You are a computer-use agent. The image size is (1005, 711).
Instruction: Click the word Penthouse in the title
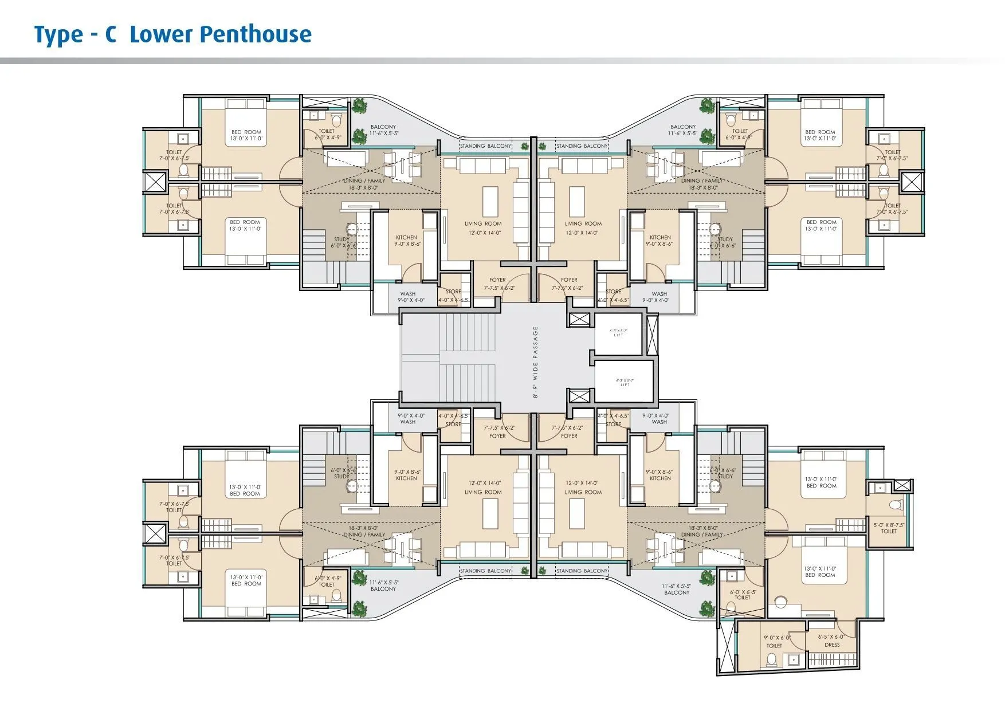point(257,34)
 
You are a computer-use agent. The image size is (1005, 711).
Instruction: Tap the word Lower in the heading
point(162,34)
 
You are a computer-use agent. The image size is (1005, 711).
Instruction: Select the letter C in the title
point(111,34)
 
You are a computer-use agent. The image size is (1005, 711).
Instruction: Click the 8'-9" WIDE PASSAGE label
point(536,362)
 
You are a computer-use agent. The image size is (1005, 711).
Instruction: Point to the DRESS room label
point(832,645)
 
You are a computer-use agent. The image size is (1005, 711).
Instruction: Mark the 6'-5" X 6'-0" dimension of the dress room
point(831,637)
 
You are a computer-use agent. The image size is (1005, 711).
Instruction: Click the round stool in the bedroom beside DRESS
point(780,602)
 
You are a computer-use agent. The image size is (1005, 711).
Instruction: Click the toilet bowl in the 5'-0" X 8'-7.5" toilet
point(896,505)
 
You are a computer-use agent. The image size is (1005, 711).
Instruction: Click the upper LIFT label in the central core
point(618,333)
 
